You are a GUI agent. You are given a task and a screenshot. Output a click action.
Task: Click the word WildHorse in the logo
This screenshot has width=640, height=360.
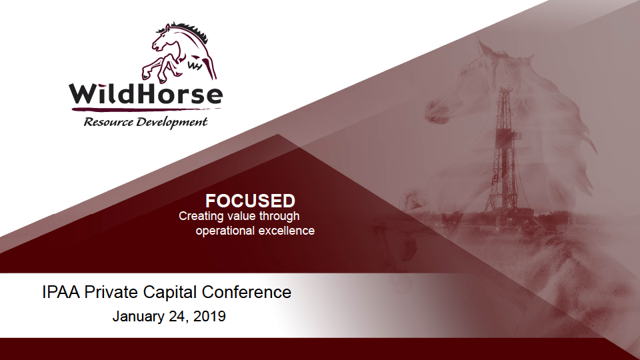coord(146,94)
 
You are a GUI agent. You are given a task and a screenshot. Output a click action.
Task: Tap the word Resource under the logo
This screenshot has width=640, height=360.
coord(109,122)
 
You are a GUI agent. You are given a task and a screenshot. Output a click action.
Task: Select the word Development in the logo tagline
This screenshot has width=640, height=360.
coord(172,123)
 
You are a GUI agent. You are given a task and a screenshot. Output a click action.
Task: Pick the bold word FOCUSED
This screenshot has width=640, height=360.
coord(250,201)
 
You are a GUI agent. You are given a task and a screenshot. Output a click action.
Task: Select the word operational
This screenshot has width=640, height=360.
coord(225,231)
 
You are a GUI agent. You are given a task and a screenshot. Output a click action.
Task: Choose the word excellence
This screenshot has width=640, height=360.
coord(287,231)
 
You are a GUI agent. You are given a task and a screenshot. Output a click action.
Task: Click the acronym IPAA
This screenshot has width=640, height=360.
coord(61,292)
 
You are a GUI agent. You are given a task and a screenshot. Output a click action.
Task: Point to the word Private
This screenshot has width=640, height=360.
coord(111,292)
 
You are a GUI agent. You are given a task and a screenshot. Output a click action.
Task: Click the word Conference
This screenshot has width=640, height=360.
coord(247,292)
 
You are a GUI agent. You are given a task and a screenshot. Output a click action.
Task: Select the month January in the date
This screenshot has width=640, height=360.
coord(139,316)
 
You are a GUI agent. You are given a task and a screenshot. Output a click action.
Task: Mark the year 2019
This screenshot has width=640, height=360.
coord(209,316)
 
